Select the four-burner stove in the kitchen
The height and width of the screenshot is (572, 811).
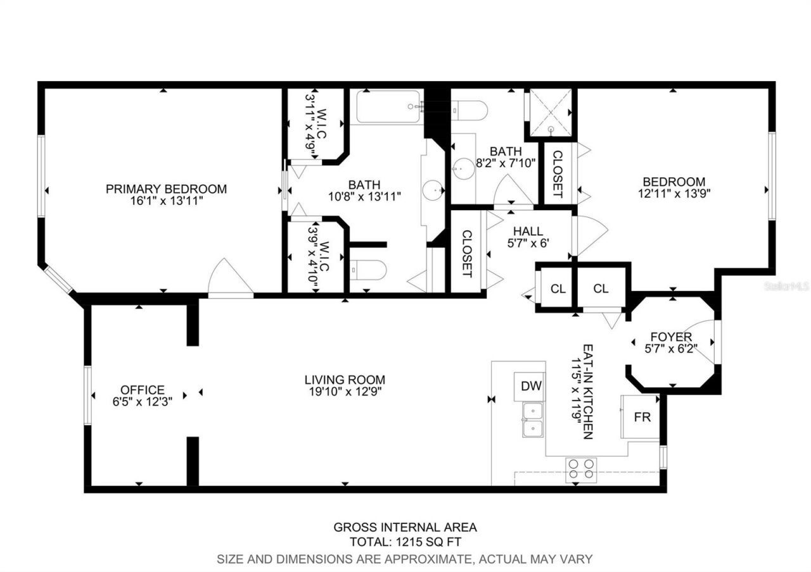(x=581, y=468)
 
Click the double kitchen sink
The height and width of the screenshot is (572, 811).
(x=533, y=420)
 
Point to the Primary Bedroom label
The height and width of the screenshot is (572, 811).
(x=166, y=189)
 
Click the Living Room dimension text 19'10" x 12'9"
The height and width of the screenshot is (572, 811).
(x=345, y=391)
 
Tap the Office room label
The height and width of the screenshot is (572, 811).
(x=143, y=390)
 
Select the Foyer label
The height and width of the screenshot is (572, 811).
(x=672, y=337)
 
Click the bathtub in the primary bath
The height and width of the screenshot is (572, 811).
(x=388, y=107)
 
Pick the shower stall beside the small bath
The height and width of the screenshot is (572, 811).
(x=551, y=112)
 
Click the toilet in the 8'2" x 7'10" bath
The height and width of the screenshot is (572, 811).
(x=470, y=110)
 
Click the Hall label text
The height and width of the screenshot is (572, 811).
(x=528, y=232)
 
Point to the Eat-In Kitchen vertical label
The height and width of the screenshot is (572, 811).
(x=587, y=392)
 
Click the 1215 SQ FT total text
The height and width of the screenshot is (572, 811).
(x=405, y=542)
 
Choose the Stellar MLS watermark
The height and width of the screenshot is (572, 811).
(x=786, y=286)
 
